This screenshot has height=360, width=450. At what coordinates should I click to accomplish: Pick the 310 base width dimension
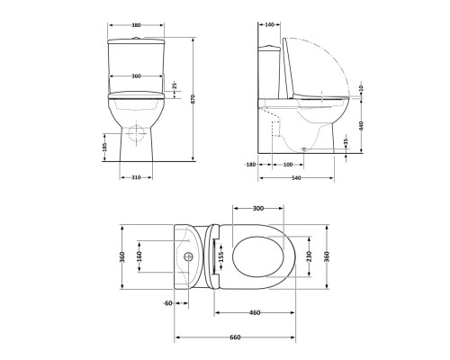pos(134,177)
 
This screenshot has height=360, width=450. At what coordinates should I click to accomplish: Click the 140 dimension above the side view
pos(271,25)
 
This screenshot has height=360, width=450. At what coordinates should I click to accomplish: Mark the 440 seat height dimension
pos(362,126)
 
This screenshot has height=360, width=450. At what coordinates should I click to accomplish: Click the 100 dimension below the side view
pos(287,165)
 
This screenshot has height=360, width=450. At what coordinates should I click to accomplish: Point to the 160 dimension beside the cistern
pos(139,256)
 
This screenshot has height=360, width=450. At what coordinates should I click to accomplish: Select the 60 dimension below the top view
pos(168,302)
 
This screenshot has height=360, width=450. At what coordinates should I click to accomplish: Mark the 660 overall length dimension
pos(234,337)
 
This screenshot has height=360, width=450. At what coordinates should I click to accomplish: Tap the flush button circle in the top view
pos(189,256)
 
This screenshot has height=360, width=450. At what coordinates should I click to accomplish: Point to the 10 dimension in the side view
pos(362,88)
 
